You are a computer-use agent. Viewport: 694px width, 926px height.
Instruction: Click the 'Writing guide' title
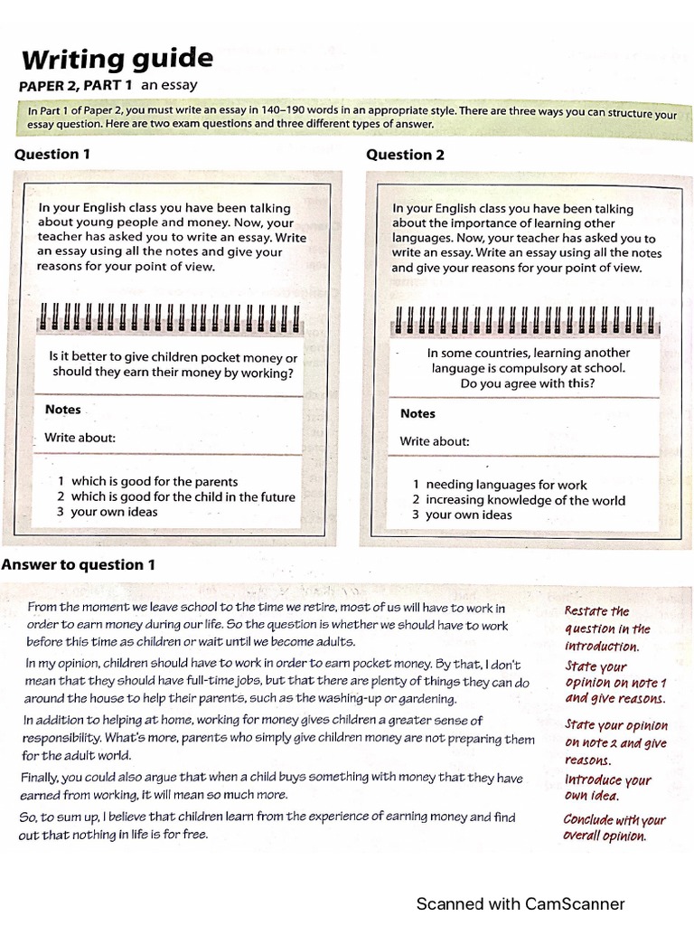tap(117, 60)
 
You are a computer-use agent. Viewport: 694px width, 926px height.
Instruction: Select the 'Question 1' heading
tap(52, 155)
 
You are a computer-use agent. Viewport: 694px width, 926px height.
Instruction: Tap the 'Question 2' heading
tap(405, 155)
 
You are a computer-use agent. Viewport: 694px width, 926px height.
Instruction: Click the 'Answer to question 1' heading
tap(79, 565)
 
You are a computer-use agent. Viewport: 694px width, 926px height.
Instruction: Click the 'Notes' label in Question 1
tap(63, 410)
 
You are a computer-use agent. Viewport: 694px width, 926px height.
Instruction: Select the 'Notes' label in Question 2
tap(417, 413)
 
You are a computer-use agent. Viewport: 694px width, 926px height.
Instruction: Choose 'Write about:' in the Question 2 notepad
tap(435, 442)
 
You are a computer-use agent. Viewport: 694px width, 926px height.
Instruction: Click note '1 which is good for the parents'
tap(147, 481)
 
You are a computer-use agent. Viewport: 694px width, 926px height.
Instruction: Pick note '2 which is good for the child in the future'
tap(175, 496)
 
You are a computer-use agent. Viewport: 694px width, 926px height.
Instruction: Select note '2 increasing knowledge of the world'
tap(519, 500)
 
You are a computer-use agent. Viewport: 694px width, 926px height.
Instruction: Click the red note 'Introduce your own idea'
tap(607, 788)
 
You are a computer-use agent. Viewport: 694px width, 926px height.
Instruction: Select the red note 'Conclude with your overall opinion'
tap(614, 827)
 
